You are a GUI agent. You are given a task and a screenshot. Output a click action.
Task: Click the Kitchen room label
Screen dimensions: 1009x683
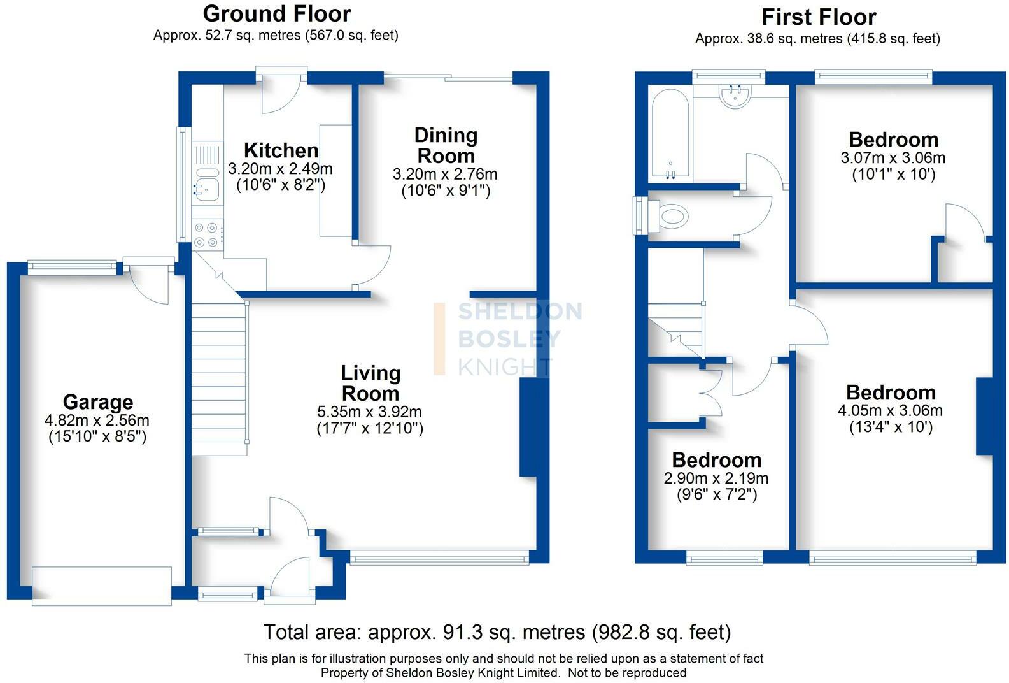(x=281, y=150)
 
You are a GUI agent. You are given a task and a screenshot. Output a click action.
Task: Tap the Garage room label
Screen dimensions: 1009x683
(x=98, y=401)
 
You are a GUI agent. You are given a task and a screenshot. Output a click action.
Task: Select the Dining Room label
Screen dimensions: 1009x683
(x=446, y=145)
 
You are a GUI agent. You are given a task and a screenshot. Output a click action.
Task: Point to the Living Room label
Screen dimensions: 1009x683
(x=370, y=383)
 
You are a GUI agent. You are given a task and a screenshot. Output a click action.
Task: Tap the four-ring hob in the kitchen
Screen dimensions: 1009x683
(x=206, y=235)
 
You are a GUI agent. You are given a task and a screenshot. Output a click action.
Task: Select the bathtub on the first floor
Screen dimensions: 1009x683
(x=670, y=133)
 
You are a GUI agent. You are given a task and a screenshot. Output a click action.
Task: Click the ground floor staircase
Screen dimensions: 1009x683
(x=220, y=378)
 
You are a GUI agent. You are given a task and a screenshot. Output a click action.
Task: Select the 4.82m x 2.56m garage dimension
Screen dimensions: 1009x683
(x=97, y=420)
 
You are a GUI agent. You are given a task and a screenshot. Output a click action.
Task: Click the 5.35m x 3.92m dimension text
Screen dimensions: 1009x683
(x=370, y=412)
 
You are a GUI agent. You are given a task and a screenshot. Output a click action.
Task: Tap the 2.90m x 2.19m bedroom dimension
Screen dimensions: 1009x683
(x=716, y=478)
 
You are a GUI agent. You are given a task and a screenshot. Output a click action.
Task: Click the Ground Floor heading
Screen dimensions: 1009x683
(x=277, y=13)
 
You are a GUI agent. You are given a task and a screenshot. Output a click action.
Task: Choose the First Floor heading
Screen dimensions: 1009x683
(x=819, y=17)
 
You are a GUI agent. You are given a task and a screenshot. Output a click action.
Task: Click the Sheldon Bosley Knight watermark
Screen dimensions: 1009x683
(x=508, y=338)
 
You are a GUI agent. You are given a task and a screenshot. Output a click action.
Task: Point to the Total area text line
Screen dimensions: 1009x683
(x=497, y=632)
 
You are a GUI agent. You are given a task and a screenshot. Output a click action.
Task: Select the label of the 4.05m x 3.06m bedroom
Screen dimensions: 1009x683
(x=891, y=392)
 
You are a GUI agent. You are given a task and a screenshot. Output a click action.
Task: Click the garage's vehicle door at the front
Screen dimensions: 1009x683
(x=102, y=586)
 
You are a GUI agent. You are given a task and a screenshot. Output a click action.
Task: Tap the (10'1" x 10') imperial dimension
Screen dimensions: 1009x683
(x=894, y=174)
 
